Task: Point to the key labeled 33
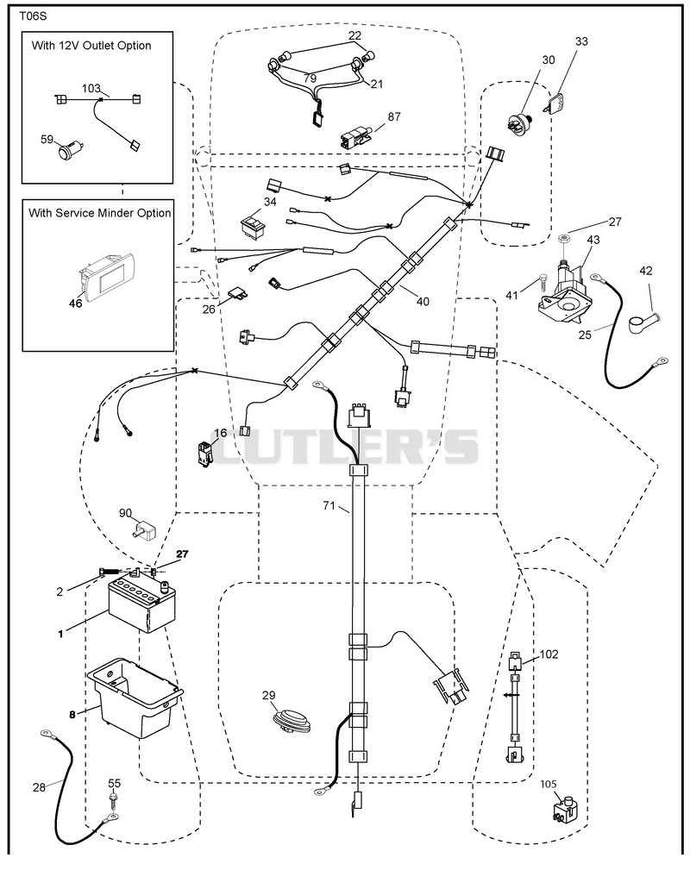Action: click(552, 104)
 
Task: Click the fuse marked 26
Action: click(239, 293)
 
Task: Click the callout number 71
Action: click(329, 505)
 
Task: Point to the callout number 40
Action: click(423, 302)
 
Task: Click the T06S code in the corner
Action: click(33, 16)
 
